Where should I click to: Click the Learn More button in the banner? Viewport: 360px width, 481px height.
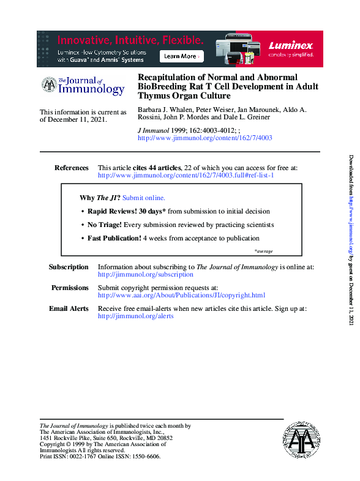click(181, 56)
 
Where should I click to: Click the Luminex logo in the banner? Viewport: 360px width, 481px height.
click(291, 47)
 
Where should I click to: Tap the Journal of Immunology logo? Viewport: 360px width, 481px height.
click(83, 86)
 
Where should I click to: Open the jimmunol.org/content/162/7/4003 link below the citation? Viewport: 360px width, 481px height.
click(205, 138)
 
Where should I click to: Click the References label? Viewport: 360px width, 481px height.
click(72, 168)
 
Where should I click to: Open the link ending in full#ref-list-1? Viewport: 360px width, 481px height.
click(186, 176)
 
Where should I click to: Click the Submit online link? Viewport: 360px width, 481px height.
click(144, 198)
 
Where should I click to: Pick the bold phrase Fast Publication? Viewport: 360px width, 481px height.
click(114, 238)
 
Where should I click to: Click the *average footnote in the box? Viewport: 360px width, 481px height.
click(263, 252)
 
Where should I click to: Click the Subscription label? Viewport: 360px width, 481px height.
click(69, 267)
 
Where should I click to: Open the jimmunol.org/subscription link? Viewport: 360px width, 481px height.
click(146, 275)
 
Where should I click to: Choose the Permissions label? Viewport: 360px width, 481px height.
click(70, 288)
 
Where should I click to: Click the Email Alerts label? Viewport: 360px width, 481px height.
click(69, 308)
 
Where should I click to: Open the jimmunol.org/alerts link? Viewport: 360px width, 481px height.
click(136, 316)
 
